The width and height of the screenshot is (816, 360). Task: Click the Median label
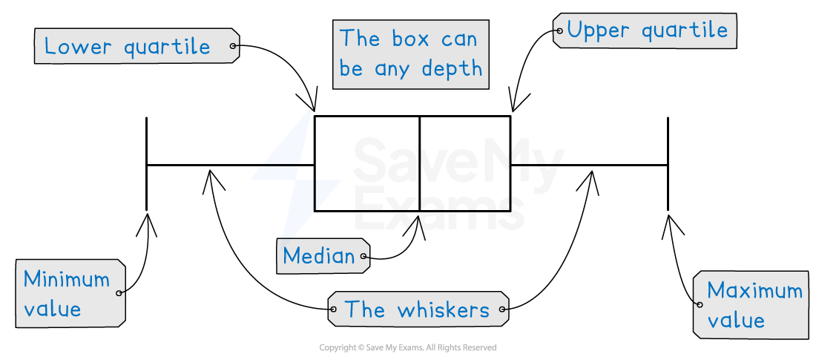click(x=318, y=256)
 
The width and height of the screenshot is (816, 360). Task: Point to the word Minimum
click(x=66, y=279)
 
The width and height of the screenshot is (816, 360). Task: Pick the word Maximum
click(x=754, y=290)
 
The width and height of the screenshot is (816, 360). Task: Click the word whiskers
click(x=443, y=310)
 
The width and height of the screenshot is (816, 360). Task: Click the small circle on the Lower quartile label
click(x=233, y=46)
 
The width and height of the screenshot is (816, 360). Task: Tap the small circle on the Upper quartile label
click(x=559, y=30)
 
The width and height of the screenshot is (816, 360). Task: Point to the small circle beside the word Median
click(x=363, y=258)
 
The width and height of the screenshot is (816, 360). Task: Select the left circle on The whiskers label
click(x=333, y=310)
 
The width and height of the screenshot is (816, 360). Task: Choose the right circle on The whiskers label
click(x=503, y=310)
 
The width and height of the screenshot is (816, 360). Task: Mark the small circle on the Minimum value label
click(x=119, y=293)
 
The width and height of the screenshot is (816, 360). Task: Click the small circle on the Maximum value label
click(x=698, y=304)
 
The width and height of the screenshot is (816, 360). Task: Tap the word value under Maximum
click(x=735, y=321)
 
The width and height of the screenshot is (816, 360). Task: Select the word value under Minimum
click(x=52, y=309)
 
